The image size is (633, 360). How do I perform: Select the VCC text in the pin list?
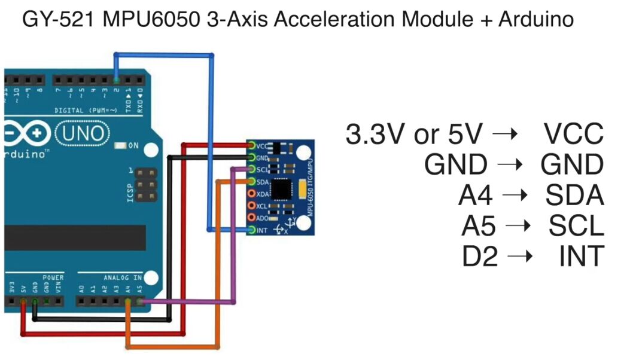tap(574, 134)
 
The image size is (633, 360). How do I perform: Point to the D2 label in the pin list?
tap(480, 257)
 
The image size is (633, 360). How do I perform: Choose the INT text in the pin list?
tap(580, 257)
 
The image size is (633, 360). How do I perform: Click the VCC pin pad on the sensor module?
tap(252, 146)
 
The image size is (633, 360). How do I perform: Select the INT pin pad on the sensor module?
tap(252, 230)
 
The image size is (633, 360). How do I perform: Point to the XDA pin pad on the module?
tap(252, 194)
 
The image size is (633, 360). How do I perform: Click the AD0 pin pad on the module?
tap(252, 218)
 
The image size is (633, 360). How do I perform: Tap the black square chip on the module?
tap(281, 189)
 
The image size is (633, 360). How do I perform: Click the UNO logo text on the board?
tap(83, 132)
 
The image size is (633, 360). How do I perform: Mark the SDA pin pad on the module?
tap(252, 182)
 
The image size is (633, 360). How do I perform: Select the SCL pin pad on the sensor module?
tap(252, 170)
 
